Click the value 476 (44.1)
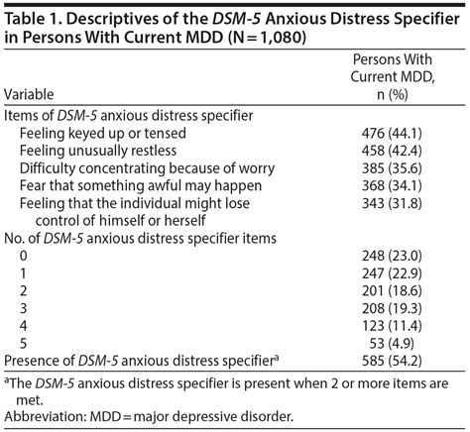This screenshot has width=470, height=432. tap(392, 134)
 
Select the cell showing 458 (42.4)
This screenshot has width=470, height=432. tap(392, 151)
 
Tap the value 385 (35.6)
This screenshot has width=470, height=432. tap(392, 168)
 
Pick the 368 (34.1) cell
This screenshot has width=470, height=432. tap(392, 185)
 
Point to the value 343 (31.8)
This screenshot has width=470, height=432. tap(392, 203)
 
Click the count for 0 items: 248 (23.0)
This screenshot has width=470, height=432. tap(392, 256)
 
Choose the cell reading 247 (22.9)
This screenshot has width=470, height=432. tap(392, 273)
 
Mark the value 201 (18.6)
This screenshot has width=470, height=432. tap(392, 291)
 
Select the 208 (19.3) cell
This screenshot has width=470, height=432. tap(392, 308)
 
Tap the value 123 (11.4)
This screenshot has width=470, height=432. tap(392, 326)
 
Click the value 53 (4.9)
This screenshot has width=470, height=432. tap(392, 344)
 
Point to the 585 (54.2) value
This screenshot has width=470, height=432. tap(392, 361)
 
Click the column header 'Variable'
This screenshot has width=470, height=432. tap(29, 94)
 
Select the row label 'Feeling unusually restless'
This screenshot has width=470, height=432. tap(98, 151)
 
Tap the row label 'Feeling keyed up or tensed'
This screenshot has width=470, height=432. tap(103, 134)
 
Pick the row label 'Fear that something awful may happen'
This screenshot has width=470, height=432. tap(141, 185)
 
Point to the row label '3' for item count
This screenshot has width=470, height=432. tap(23, 308)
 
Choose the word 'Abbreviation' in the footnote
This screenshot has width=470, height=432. tap(45, 416)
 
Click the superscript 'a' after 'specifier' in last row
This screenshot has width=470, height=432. tap(276, 357)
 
